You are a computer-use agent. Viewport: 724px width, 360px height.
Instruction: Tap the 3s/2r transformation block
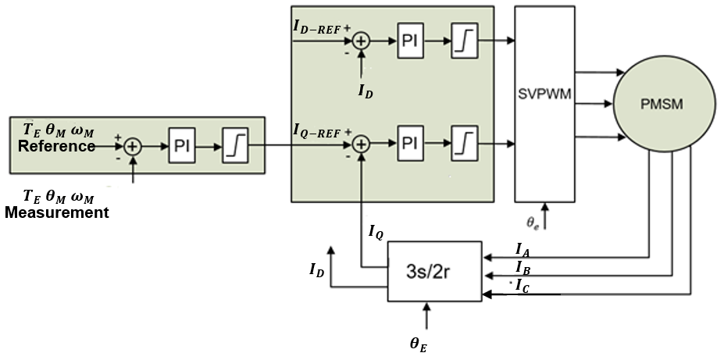[434, 269]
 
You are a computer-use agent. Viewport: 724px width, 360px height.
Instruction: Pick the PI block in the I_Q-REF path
[410, 144]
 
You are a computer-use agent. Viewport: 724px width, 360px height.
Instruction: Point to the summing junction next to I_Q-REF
[361, 144]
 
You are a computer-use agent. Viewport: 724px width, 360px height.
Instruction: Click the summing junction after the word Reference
[133, 146]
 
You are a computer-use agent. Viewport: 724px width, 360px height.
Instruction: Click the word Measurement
[57, 212]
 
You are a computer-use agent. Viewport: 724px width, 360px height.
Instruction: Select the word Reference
[57, 146]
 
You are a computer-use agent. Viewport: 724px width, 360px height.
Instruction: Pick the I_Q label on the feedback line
[376, 232]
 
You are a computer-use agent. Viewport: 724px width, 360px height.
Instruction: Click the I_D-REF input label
[317, 27]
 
